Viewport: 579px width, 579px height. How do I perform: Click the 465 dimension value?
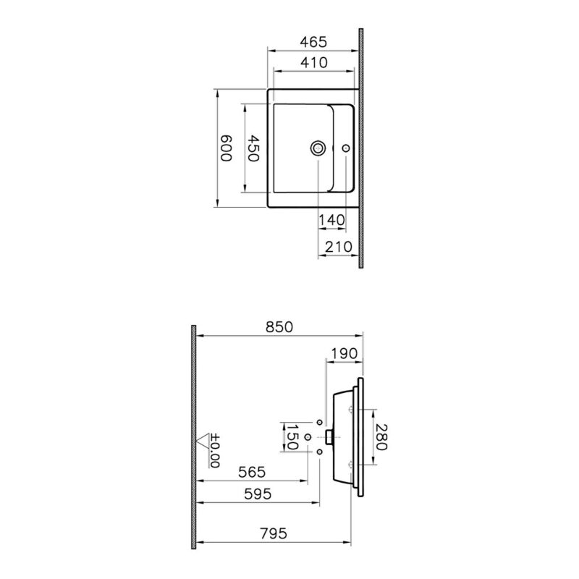[313, 42]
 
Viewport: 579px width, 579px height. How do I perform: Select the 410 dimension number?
[314, 63]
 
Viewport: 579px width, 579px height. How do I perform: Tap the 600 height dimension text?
[227, 148]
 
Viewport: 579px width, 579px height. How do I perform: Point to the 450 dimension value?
[253, 148]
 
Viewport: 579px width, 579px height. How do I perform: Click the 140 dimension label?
[331, 220]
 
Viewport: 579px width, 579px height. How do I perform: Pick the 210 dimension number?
[339, 246]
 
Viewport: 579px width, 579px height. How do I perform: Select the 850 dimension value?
[279, 327]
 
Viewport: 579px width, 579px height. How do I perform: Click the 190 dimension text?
[345, 353]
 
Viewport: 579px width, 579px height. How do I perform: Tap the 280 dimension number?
[381, 437]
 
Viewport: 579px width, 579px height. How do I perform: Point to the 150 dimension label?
[292, 437]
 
